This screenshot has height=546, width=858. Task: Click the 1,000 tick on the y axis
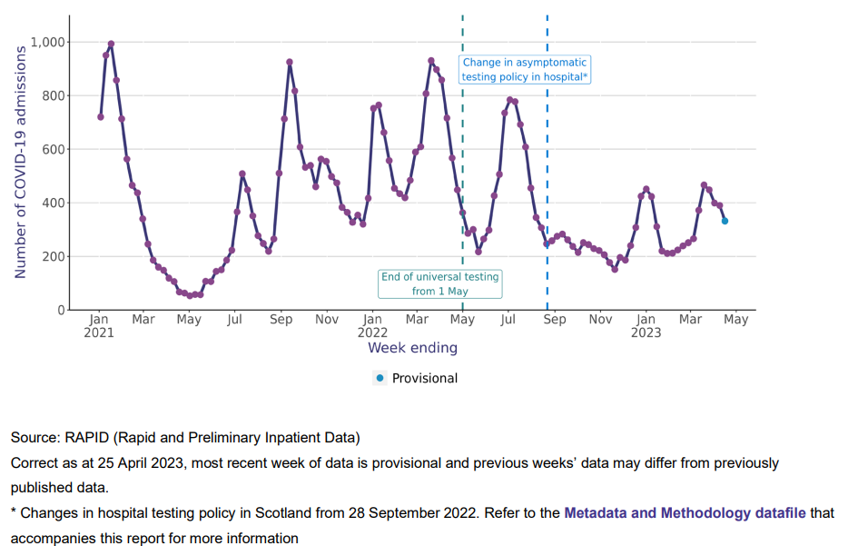(x=47, y=42)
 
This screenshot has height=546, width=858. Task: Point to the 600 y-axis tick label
(x=54, y=149)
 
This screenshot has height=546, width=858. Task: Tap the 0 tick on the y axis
(x=62, y=310)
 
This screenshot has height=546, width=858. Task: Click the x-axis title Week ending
(x=412, y=348)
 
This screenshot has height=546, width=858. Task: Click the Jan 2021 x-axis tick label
(x=99, y=325)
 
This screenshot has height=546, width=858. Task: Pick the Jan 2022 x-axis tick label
(x=372, y=325)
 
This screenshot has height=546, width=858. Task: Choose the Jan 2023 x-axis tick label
(x=646, y=325)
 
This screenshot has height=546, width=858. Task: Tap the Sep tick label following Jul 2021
(x=281, y=320)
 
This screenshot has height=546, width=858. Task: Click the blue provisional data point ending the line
(x=725, y=221)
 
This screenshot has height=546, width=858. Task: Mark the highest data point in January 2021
(x=111, y=44)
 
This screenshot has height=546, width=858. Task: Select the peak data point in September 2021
(x=290, y=63)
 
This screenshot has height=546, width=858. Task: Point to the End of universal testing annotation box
(x=440, y=283)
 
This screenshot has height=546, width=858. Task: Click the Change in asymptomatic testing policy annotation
(x=526, y=70)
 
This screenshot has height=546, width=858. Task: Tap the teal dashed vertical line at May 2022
(x=463, y=182)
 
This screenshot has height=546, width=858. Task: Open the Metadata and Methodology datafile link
(x=685, y=512)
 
